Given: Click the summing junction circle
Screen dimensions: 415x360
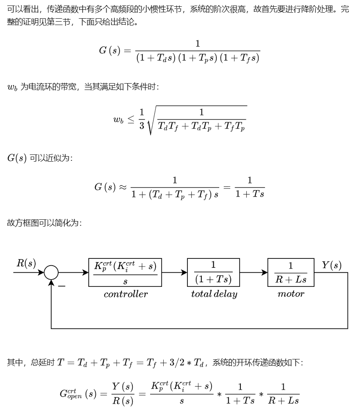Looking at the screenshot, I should [51, 272].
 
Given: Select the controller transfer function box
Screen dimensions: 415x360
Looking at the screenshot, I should [125, 272].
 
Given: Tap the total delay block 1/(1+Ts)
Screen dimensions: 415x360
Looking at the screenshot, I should [213, 272].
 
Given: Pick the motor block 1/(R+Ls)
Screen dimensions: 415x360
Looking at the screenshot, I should [291, 272].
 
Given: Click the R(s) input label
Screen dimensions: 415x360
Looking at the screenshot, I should [26, 263].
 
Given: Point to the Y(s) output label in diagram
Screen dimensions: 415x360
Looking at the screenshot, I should [332, 265].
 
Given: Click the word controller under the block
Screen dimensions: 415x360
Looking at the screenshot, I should [126, 294].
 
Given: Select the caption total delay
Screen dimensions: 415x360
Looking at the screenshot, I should [214, 294].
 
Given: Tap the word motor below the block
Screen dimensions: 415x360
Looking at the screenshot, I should [291, 294].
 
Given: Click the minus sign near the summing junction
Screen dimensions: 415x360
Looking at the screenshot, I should [62, 286].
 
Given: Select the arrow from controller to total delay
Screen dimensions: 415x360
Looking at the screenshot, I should [174, 272].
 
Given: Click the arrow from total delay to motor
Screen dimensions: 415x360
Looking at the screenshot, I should [254, 272].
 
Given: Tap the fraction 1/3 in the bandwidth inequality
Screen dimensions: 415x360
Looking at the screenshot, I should [142, 119].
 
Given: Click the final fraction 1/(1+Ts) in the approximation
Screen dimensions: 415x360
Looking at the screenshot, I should [250, 187].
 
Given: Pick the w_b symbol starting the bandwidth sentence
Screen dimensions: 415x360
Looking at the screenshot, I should [12, 87].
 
